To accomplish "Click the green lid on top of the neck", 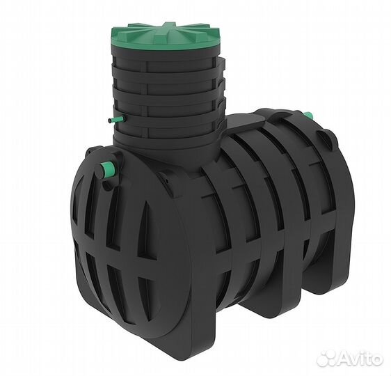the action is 166,38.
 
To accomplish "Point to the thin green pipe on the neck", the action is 117,119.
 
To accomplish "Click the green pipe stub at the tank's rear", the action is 309,116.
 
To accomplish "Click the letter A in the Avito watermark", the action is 341,359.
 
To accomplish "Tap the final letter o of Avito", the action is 376,360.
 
